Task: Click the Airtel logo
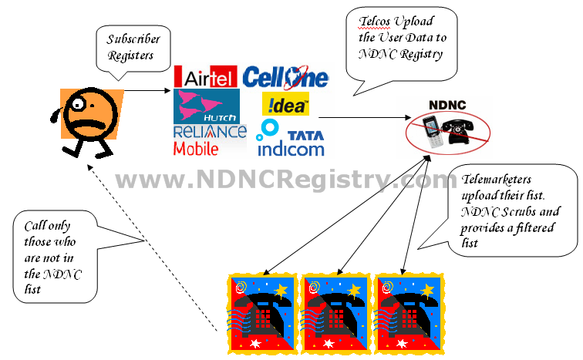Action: pyautogui.click(x=206, y=77)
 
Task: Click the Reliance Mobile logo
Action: pyautogui.click(x=209, y=140)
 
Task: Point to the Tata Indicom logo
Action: pyautogui.click(x=291, y=139)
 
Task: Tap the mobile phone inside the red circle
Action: pyautogui.click(x=432, y=133)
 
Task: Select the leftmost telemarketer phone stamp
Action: pyautogui.click(x=261, y=313)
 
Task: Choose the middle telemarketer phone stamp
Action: pyautogui.click(x=335, y=313)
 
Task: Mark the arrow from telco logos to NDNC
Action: pyautogui.click(x=362, y=118)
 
